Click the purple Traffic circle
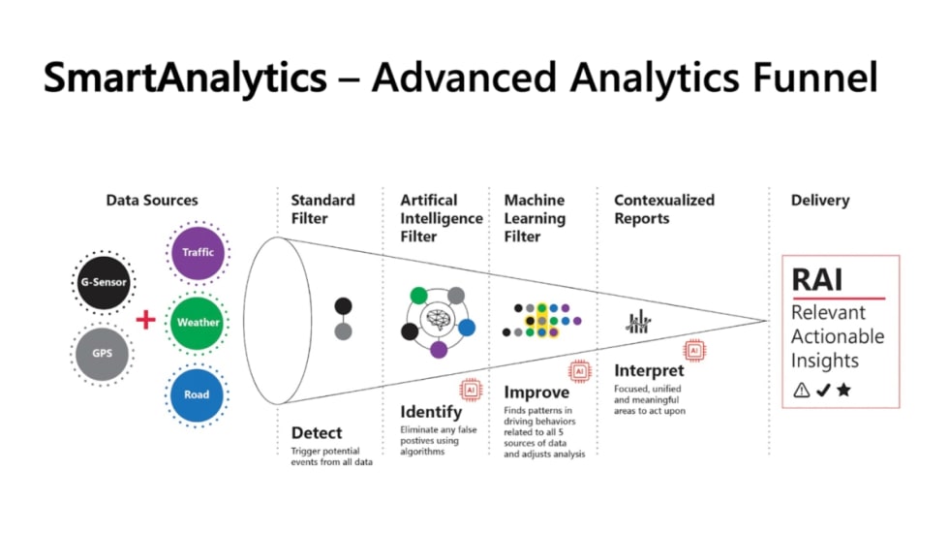[x=198, y=253]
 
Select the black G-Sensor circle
[x=104, y=282]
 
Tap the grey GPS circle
[x=103, y=353]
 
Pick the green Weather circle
[x=198, y=323]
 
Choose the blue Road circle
[x=197, y=394]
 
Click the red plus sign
[x=145, y=319]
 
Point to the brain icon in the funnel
[x=438, y=318]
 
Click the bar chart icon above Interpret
[x=638, y=322]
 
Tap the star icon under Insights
[x=843, y=390]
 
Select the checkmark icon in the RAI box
[x=823, y=391]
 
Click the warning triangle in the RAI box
[x=802, y=390]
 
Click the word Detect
[x=317, y=432]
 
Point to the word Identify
[x=431, y=412]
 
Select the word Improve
[x=536, y=393]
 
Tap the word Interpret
[x=649, y=370]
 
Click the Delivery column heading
[x=820, y=200]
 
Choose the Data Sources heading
[x=152, y=200]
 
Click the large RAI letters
[x=817, y=280]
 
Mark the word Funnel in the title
[x=815, y=78]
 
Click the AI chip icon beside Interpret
[x=694, y=350]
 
